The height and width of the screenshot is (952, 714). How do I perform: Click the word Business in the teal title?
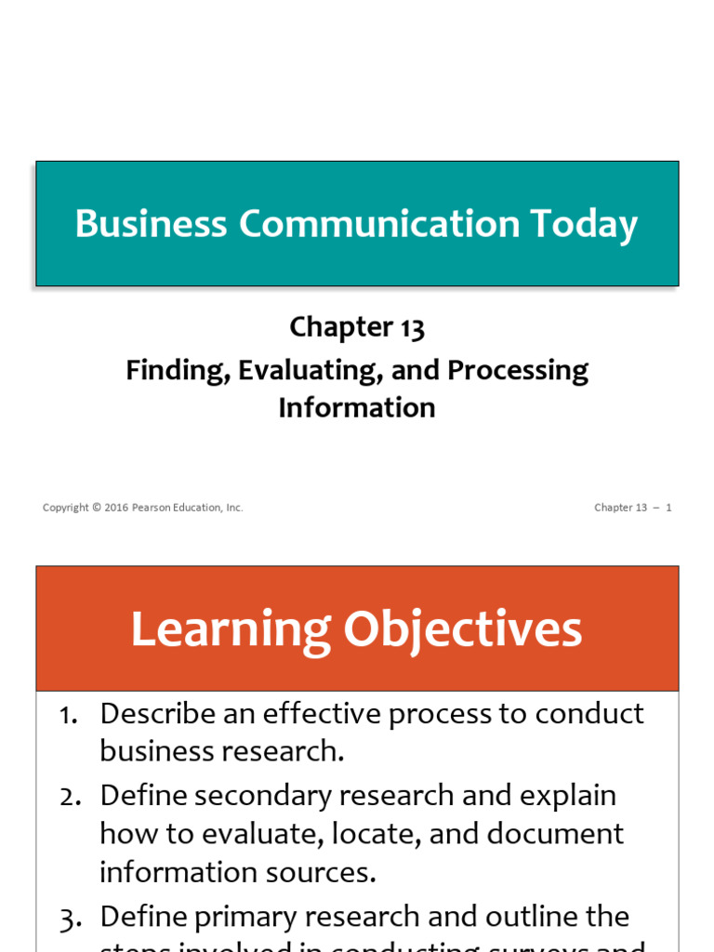(x=151, y=224)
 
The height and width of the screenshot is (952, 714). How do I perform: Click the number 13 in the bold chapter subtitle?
(x=410, y=327)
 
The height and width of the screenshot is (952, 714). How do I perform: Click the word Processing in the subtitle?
(x=518, y=370)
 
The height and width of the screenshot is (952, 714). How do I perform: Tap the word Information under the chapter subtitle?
(x=357, y=407)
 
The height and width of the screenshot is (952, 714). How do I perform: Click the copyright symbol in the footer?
(x=97, y=508)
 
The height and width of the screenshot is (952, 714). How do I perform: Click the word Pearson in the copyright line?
(x=150, y=508)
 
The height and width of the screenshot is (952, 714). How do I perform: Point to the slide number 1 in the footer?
(x=668, y=508)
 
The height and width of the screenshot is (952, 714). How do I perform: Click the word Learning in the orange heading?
(x=231, y=629)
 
